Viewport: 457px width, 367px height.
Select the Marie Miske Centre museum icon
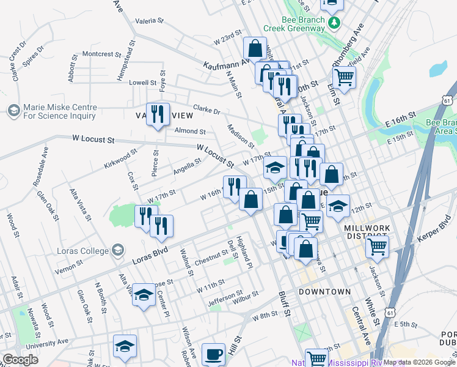(13, 111)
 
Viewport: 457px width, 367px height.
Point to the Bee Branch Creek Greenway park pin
(334, 23)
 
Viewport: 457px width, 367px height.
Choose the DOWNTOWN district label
(324, 292)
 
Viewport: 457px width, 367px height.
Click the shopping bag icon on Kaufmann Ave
(255, 48)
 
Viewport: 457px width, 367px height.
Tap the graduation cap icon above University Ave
(124, 346)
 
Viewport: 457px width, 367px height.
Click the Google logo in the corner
(20, 360)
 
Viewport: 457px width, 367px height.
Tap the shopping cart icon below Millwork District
(378, 248)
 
